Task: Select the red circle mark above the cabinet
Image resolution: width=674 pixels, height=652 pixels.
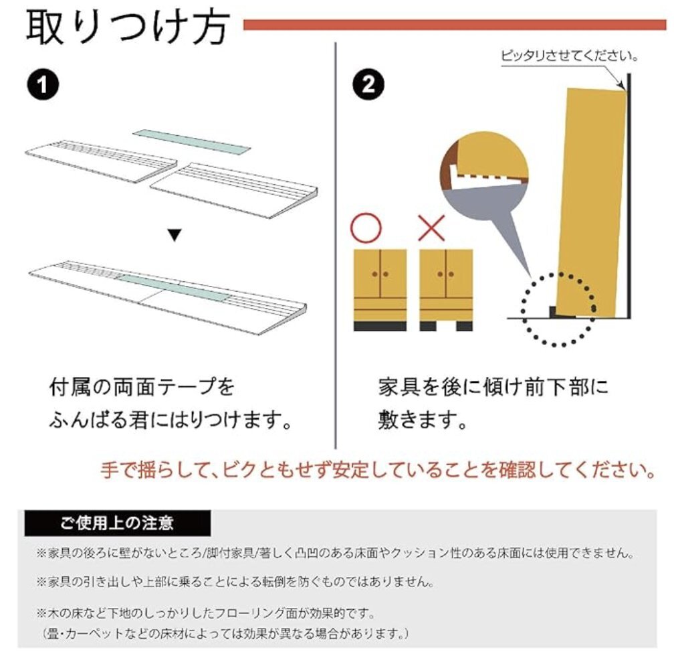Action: [366, 228]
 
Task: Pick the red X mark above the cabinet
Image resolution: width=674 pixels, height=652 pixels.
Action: [431, 228]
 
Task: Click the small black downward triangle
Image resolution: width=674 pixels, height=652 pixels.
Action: [175, 236]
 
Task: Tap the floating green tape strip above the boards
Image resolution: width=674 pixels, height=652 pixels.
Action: [191, 141]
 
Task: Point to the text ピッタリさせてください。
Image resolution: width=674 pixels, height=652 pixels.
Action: [570, 56]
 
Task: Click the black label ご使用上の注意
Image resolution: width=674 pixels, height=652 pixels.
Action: [118, 523]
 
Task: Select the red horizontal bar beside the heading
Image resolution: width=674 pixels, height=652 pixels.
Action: [455, 25]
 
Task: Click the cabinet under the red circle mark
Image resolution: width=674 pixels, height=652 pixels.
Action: [380, 290]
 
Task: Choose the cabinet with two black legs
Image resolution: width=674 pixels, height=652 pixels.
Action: [446, 290]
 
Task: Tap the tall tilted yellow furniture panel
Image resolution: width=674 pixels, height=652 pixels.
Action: [591, 202]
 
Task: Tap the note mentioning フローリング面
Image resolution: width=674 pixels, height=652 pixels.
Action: [206, 613]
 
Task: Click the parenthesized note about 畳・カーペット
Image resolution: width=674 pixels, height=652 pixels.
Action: [226, 633]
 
